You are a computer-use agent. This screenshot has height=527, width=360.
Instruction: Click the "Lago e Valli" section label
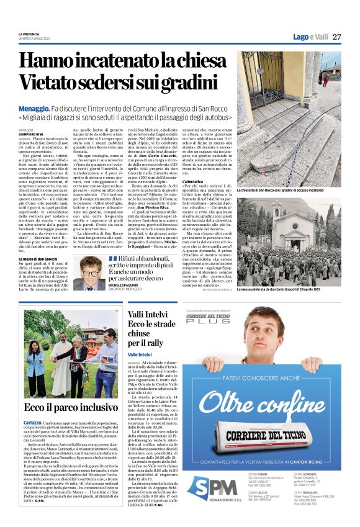point(310,37)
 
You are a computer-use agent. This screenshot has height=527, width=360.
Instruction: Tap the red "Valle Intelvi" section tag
point(139,354)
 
